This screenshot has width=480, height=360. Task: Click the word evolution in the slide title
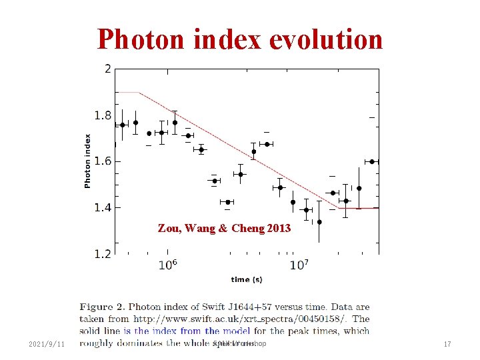click(326, 40)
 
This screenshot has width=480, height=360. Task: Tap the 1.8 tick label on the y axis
click(102, 115)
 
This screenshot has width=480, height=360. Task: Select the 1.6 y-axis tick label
click(102, 161)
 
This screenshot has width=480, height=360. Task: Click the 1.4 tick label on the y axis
click(102, 207)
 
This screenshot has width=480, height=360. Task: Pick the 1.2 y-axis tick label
click(102, 253)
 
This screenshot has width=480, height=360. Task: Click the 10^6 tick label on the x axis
click(167, 265)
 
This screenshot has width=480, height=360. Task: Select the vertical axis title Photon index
click(87, 161)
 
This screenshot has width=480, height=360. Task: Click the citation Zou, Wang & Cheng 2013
click(224, 229)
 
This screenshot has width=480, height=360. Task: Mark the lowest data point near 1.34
click(319, 222)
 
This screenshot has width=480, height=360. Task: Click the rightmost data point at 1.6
click(372, 161)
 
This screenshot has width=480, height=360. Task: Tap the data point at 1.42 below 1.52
click(228, 202)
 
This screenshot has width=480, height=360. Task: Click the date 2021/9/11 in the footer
click(47, 344)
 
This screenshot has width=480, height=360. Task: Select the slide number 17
click(448, 344)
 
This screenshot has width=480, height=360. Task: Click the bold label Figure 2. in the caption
click(102, 307)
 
